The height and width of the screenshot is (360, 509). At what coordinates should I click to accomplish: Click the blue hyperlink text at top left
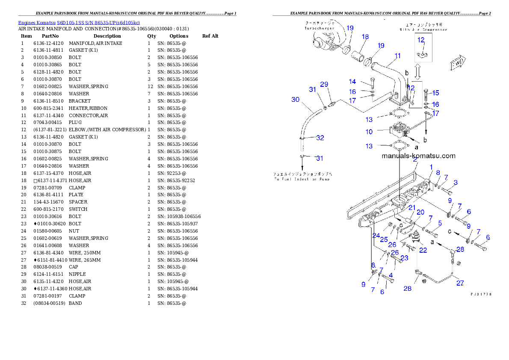click(79, 22)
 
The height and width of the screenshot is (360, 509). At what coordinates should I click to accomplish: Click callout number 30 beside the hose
click(295, 100)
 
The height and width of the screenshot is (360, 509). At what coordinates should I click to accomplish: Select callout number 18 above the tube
click(365, 37)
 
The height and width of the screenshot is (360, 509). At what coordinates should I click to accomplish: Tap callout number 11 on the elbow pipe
click(398, 56)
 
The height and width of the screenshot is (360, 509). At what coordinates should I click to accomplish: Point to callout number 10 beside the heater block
click(369, 132)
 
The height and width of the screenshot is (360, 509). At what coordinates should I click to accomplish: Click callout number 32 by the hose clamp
click(320, 138)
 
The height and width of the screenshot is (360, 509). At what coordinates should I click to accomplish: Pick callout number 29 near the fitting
click(324, 84)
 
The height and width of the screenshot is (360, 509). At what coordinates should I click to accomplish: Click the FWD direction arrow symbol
click(457, 63)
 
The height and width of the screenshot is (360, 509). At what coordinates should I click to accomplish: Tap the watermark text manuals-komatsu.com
click(418, 156)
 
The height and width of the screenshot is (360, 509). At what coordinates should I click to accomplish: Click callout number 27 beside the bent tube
click(460, 283)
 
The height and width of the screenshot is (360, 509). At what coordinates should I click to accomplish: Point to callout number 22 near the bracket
click(423, 250)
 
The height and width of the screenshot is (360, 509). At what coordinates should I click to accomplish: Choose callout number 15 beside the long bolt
click(435, 93)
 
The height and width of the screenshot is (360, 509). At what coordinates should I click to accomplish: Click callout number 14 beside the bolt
click(352, 81)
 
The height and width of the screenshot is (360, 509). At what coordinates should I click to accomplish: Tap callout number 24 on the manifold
click(376, 235)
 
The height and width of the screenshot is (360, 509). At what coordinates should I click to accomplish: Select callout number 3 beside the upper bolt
click(455, 183)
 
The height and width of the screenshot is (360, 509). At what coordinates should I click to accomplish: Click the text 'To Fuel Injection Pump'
click(302, 179)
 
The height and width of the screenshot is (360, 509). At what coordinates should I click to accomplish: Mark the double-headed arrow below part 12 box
click(418, 71)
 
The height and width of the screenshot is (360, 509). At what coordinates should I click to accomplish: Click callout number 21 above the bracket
click(411, 207)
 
